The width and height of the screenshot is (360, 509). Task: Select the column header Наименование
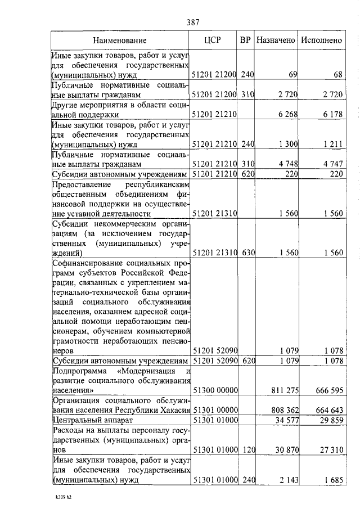point(120,40)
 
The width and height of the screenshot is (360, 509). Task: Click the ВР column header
point(245,40)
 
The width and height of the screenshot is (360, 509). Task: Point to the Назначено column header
point(276,40)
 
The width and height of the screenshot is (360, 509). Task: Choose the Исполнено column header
point(321,40)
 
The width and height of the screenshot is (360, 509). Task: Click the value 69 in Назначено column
point(292,74)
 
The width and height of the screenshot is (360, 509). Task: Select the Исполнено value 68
point(337,74)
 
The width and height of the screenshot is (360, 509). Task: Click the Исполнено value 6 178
point(332,114)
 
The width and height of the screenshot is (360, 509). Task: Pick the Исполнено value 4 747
point(332,164)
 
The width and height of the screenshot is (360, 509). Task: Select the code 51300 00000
point(216,390)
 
